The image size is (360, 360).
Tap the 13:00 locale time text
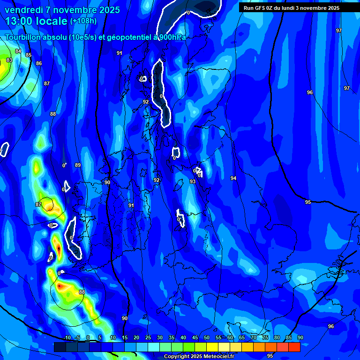37,21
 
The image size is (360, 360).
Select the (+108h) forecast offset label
83,21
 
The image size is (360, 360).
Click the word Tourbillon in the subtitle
23,37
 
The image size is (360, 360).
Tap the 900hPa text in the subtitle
173,37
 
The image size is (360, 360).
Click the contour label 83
9,60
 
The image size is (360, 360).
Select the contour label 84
18,52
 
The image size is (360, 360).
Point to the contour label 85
29,55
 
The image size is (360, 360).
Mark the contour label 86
39,64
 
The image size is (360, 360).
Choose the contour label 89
78,165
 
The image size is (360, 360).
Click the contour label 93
193,181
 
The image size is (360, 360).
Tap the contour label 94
233,179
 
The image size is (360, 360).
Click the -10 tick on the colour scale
67,338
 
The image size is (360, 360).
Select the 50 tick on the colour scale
207,338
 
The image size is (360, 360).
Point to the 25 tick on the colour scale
148,338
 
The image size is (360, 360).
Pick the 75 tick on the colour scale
265,338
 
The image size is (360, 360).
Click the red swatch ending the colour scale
294,347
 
